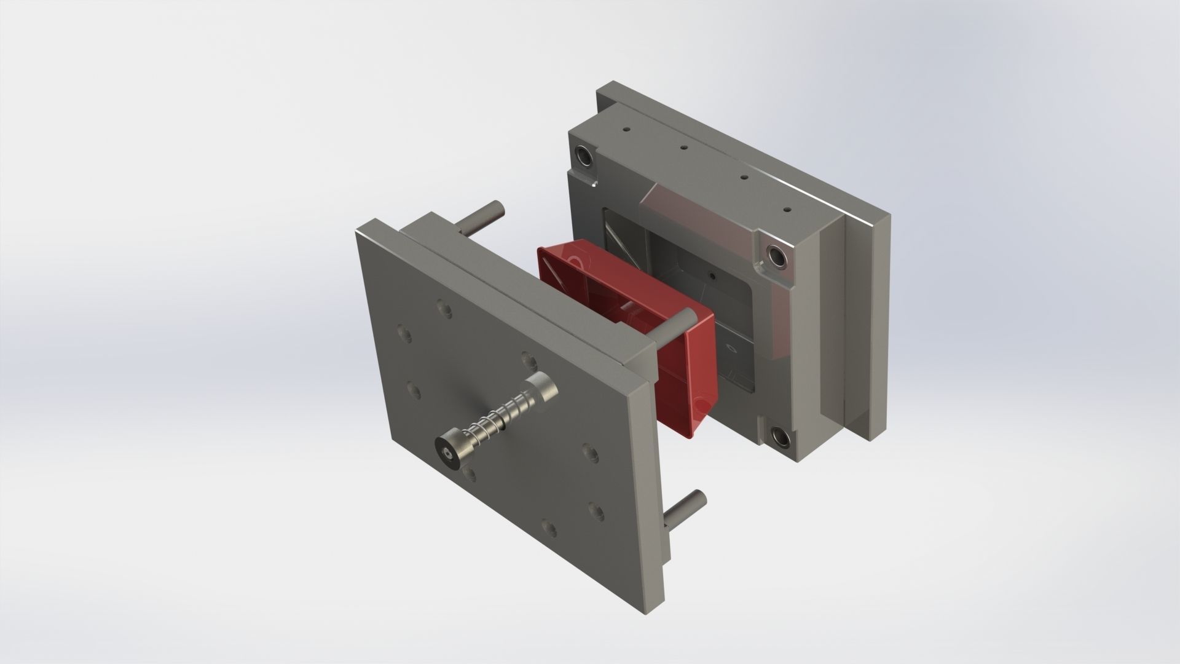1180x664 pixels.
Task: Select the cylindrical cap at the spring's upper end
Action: click(x=542, y=389)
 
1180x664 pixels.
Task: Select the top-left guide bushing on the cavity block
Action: click(x=584, y=156)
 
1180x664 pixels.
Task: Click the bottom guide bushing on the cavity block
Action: click(x=781, y=438)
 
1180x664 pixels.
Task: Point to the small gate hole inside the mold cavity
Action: click(x=711, y=276)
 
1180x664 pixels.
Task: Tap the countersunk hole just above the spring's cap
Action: click(x=526, y=357)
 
